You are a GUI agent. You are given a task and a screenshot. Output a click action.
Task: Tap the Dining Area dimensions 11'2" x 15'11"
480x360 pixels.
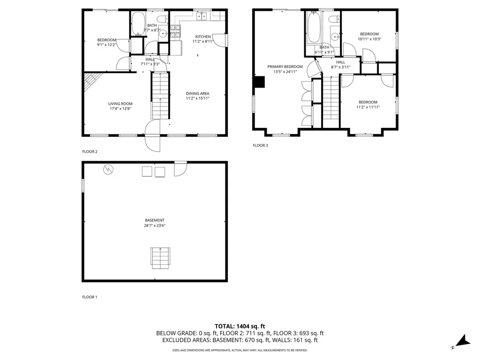197,98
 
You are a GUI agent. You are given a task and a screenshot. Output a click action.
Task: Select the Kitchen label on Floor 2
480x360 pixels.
203,37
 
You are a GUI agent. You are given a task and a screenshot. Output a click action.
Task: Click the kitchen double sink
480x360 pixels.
202,16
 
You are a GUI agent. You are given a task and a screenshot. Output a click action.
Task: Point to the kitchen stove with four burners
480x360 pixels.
175,31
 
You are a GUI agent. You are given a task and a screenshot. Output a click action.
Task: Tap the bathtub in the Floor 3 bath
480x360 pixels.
313,28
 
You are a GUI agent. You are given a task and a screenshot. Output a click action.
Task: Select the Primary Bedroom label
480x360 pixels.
285,67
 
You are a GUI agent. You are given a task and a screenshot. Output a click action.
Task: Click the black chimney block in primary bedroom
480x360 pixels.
259,82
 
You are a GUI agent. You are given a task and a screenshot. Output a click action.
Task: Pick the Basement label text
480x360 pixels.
155,220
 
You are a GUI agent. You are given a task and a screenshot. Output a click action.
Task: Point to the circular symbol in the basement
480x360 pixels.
109,169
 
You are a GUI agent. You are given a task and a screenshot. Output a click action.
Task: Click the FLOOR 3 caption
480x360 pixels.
260,145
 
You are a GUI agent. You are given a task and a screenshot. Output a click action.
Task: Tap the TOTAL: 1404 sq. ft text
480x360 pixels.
240,326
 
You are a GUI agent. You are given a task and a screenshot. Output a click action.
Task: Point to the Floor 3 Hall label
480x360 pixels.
340,62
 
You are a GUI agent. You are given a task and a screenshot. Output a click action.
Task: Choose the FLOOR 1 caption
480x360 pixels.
90,297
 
